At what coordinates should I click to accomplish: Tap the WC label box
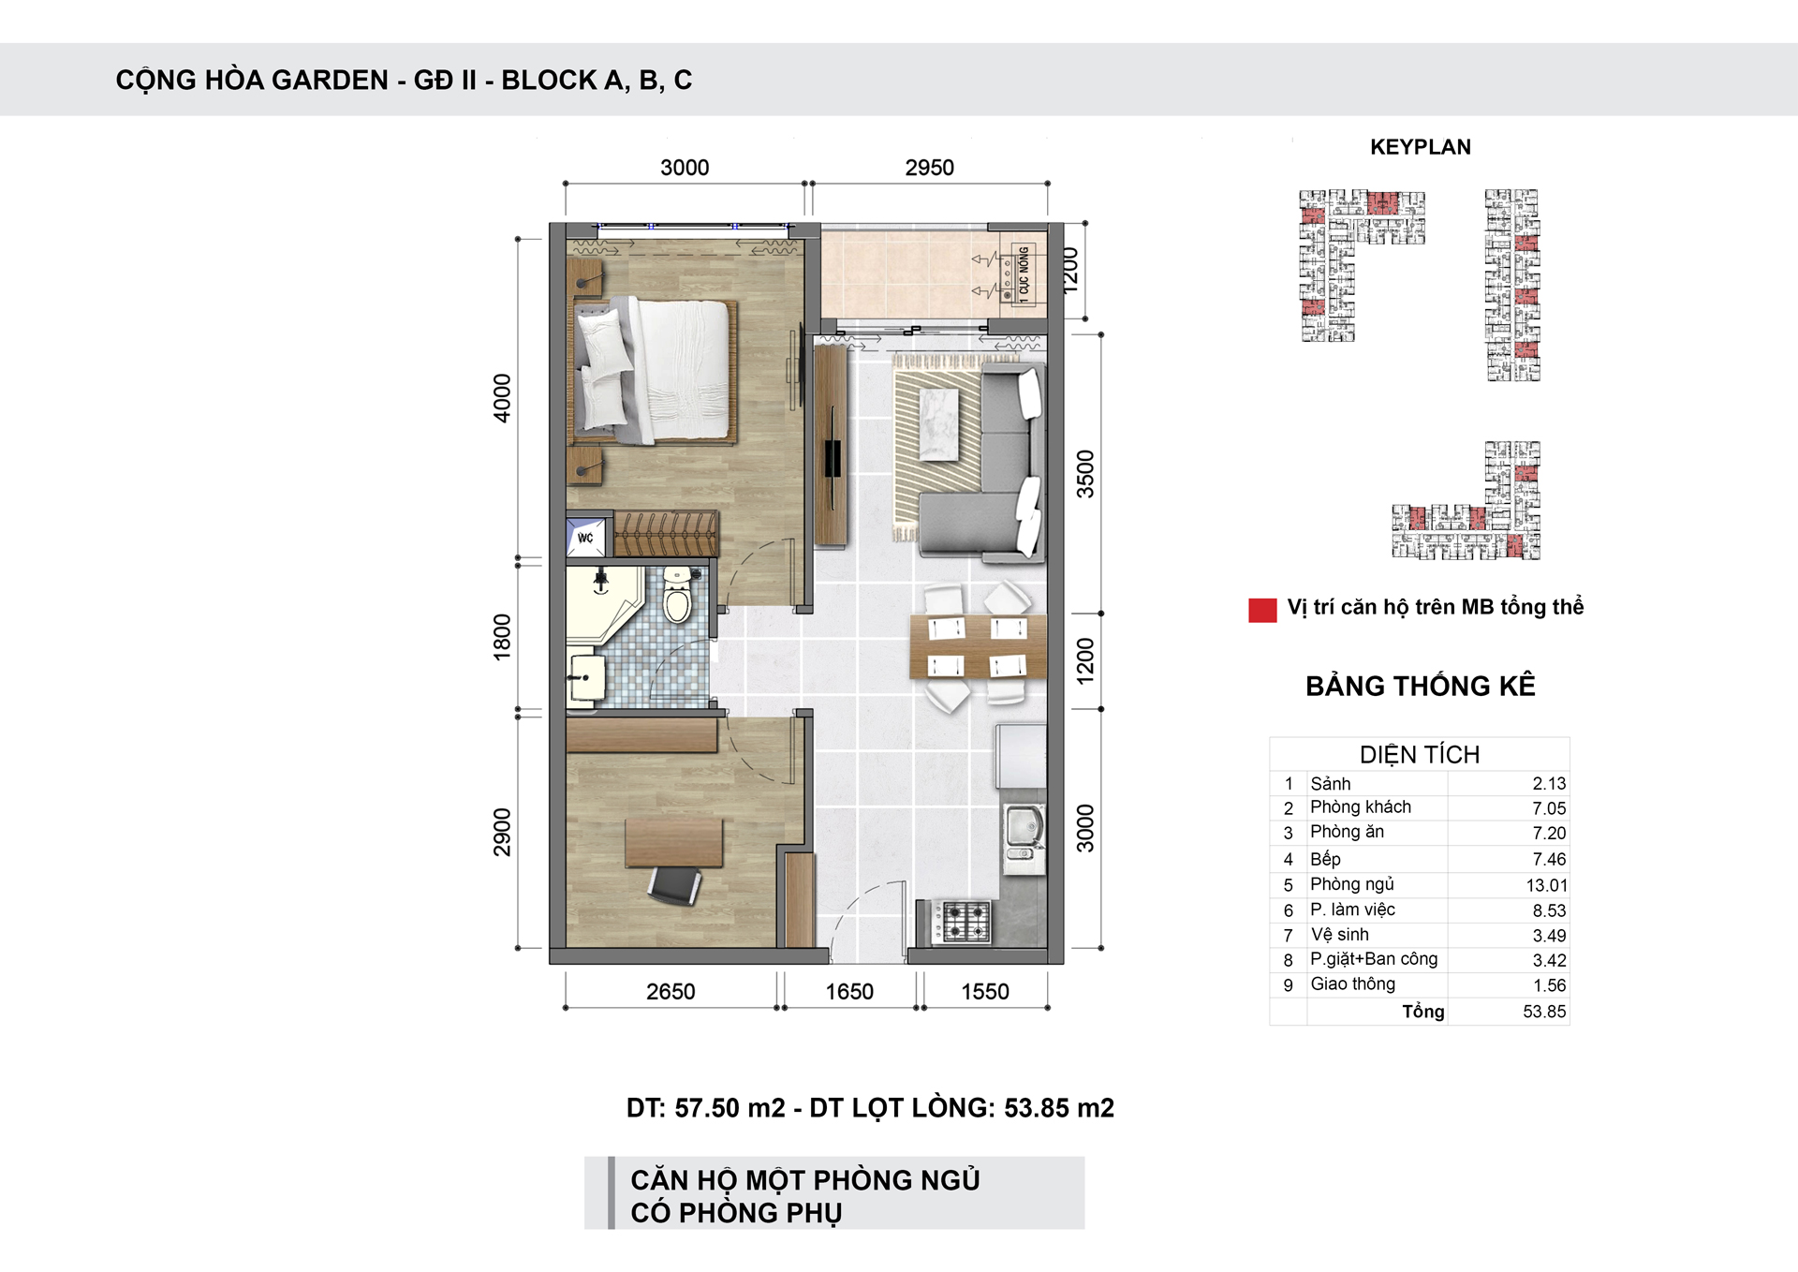click(586, 537)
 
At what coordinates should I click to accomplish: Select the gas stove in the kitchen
click(965, 921)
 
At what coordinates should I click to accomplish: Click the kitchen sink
click(1024, 827)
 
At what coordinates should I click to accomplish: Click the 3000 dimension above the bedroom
click(685, 168)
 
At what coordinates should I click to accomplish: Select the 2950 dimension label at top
click(929, 168)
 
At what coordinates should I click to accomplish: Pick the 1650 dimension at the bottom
click(849, 992)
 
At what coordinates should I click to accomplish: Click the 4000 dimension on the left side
click(503, 398)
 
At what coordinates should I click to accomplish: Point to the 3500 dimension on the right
click(1084, 474)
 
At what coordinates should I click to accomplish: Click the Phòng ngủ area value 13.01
click(1546, 885)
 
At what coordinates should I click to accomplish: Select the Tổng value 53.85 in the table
click(1544, 1012)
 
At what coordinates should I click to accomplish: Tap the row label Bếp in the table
click(1325, 859)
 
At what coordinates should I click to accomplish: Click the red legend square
click(1262, 610)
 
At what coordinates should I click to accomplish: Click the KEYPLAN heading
click(1421, 147)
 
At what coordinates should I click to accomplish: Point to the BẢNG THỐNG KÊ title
click(1421, 686)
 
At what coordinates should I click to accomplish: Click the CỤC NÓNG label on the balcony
click(1024, 272)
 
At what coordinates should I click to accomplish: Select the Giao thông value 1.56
click(1550, 985)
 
